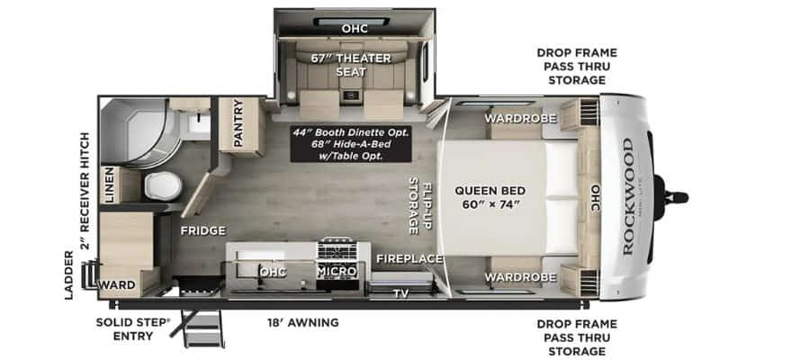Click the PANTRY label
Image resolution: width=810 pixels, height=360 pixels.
[238, 123]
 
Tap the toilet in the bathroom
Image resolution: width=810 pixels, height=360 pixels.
[163, 186]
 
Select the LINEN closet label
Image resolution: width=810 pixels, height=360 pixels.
[110, 184]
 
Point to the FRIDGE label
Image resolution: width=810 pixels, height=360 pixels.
[203, 231]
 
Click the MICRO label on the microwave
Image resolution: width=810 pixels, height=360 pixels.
[337, 271]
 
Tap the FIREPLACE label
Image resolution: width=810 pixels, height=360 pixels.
[409, 258]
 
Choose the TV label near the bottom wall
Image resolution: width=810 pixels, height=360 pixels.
[400, 294]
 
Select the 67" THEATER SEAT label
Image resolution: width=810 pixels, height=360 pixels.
[351, 65]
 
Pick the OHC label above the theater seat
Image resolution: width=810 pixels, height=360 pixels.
[355, 29]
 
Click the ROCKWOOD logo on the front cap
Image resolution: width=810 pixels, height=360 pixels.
[627, 196]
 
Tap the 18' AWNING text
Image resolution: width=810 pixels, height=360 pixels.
[303, 323]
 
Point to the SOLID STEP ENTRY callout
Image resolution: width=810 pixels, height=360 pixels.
[133, 329]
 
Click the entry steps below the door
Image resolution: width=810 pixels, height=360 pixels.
[202, 329]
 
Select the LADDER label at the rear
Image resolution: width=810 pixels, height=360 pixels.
[69, 274]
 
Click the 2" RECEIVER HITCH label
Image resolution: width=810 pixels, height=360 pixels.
[85, 191]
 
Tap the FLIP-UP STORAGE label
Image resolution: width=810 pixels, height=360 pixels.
[420, 205]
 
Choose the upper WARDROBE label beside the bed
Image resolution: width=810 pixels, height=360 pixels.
[520, 118]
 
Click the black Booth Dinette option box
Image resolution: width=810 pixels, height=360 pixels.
[351, 144]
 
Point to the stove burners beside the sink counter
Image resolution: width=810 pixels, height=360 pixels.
[337, 251]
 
